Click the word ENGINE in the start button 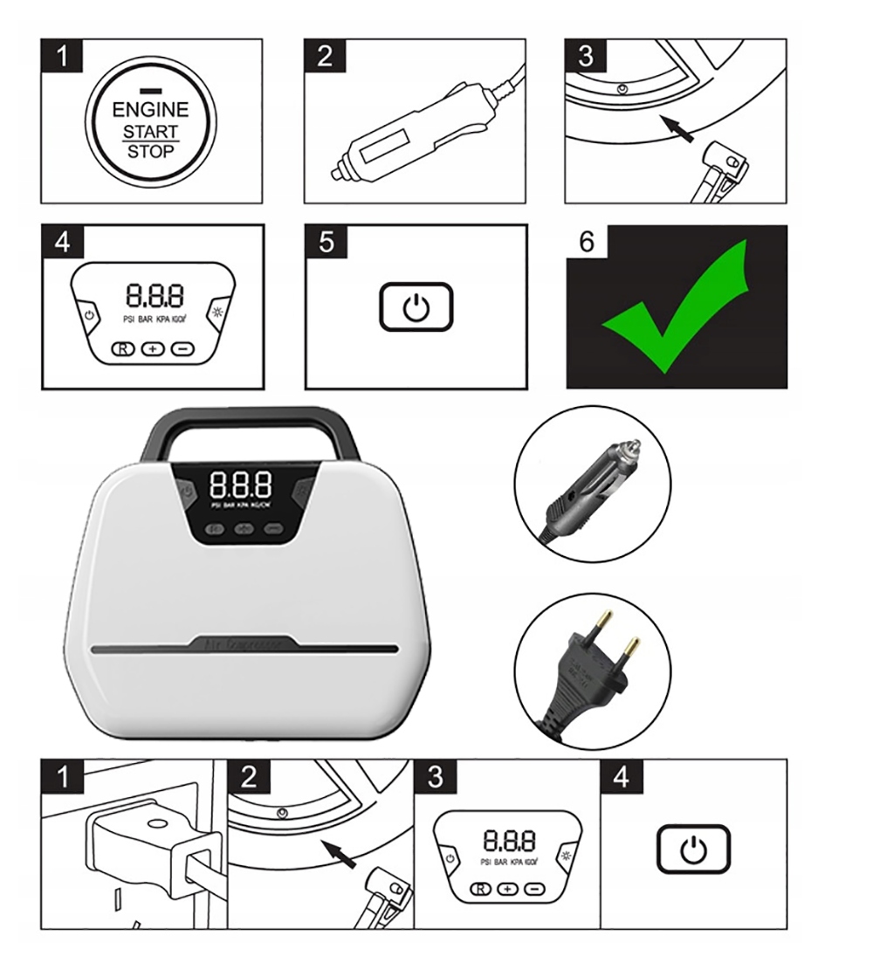pyautogui.click(x=149, y=109)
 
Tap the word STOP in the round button pyautogui.click(x=150, y=151)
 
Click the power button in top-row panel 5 pyautogui.click(x=416, y=307)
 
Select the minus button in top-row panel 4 pyautogui.click(x=182, y=348)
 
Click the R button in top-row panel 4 pyautogui.click(x=122, y=348)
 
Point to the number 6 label pyautogui.click(x=587, y=242)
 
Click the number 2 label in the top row pyautogui.click(x=325, y=56)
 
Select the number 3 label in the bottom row pyautogui.click(x=435, y=776)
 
